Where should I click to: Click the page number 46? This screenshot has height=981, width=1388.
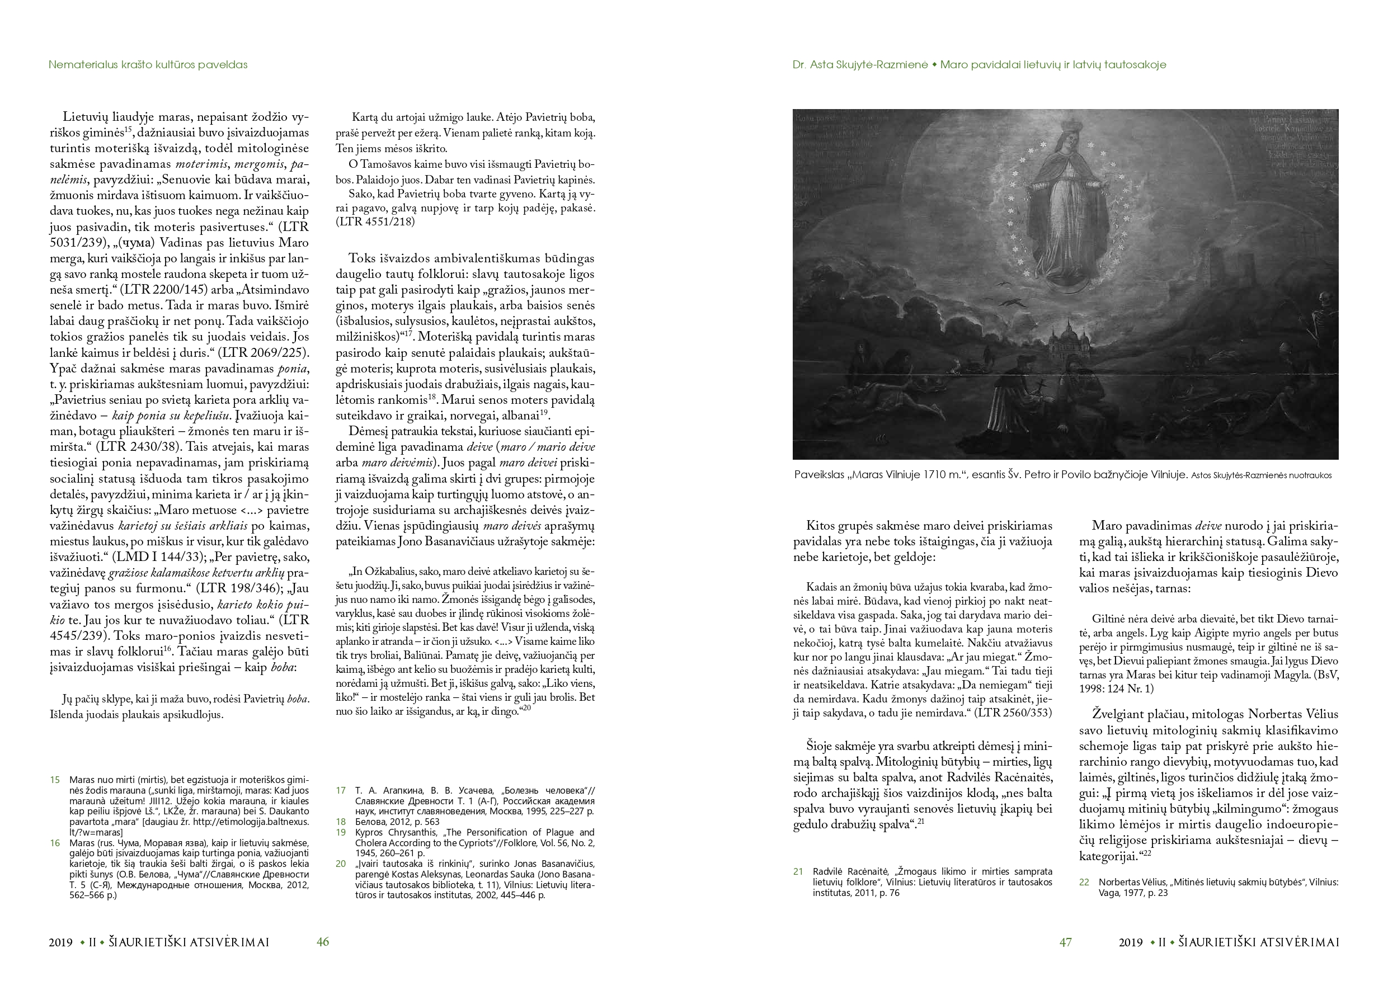[323, 942]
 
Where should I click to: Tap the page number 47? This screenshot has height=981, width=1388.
[1065, 942]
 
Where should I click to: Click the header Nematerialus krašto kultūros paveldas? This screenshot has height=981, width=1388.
[148, 65]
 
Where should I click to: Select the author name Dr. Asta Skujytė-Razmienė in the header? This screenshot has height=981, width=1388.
[860, 65]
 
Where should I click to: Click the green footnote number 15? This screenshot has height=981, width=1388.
[55, 780]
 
